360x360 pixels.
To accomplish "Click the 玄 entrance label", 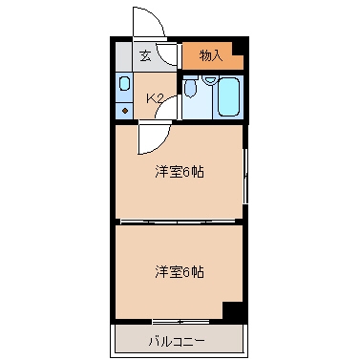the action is tap(145, 56).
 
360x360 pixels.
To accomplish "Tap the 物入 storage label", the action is tap(210, 56).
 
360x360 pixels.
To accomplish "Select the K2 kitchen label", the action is tap(155, 98).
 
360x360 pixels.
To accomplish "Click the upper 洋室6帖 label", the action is tap(180, 172).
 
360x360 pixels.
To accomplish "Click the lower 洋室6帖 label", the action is tap(180, 272).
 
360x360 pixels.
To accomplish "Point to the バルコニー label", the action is tap(177, 342).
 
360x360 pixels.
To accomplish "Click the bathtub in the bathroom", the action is tap(228, 96).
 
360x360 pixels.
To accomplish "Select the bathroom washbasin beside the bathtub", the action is tap(209, 79).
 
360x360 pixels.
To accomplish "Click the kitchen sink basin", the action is tap(124, 83).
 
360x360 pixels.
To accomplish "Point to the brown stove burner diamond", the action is tap(125, 111).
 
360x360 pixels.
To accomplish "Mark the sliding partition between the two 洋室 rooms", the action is tap(179, 221).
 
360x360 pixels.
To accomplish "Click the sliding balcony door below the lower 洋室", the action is tap(180, 322).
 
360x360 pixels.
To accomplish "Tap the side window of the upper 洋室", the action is tap(245, 176).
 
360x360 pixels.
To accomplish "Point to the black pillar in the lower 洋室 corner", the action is tap(234, 310).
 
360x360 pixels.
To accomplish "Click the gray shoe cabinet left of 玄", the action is tap(123, 57).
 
